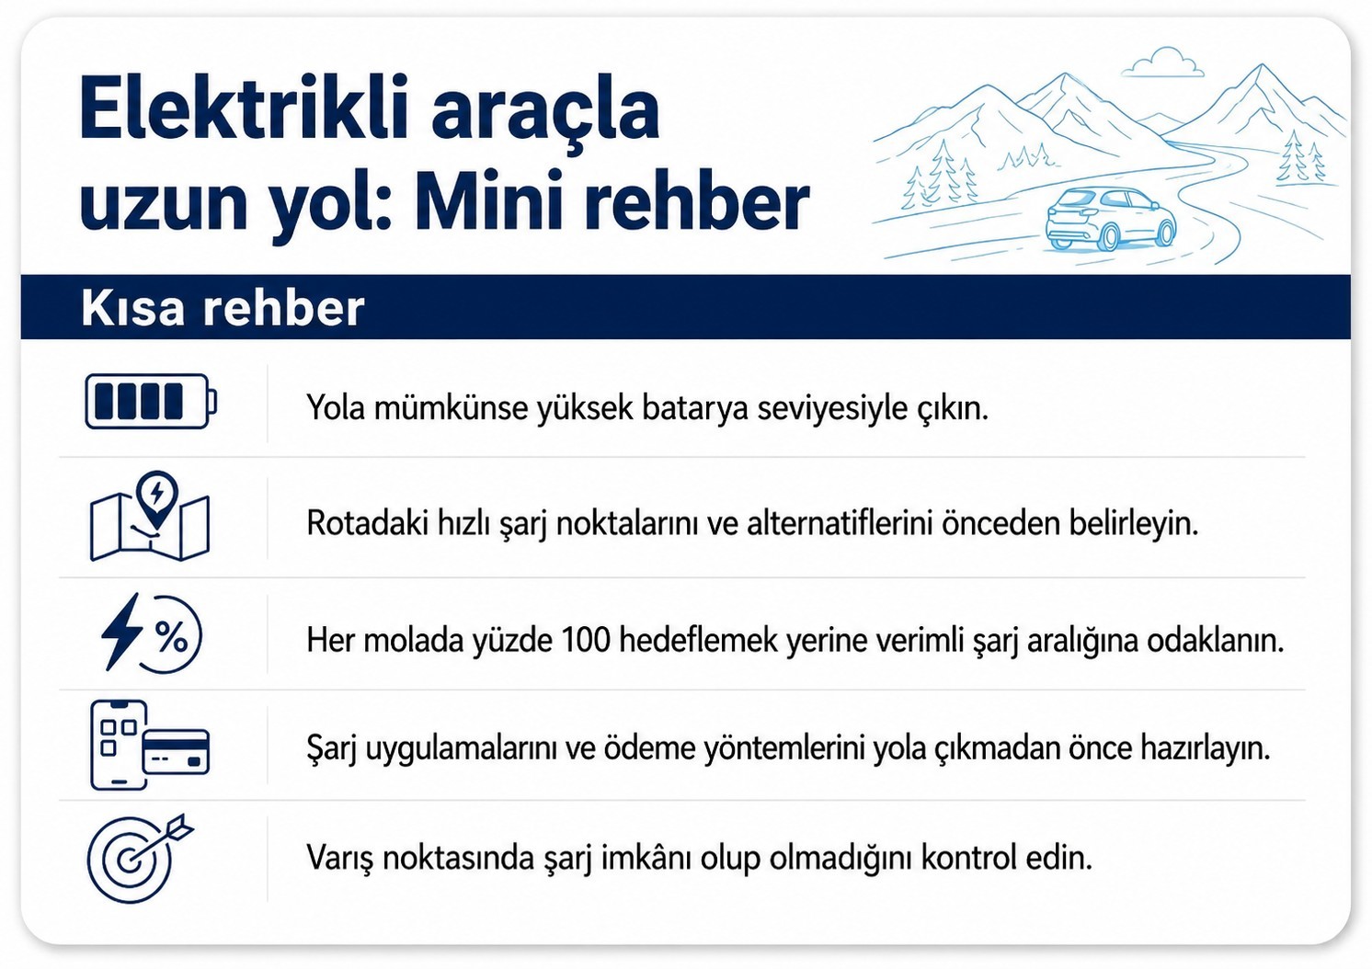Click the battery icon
tap(151, 401)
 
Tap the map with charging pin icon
tap(150, 516)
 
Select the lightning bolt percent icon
tap(152, 633)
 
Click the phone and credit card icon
tap(150, 745)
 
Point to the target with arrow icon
tap(141, 858)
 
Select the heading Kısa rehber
tap(223, 307)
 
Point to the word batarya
tap(694, 408)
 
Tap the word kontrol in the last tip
tap(970, 858)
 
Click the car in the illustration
tap(1111, 219)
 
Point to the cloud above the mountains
tap(1162, 63)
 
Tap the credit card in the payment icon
tap(176, 751)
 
